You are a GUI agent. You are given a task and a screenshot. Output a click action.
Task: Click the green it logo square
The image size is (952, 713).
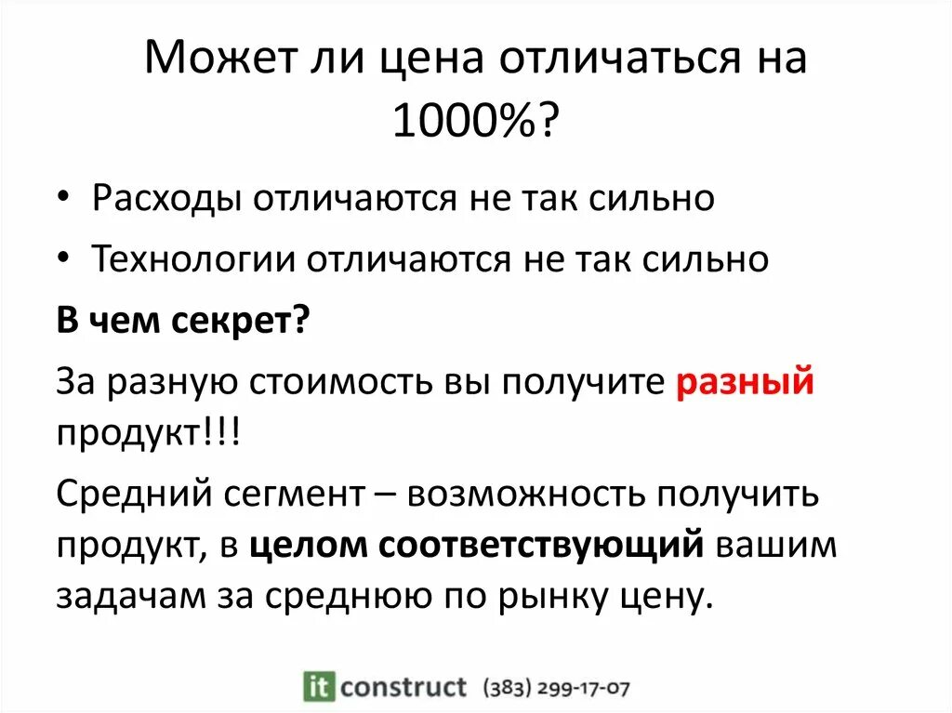click(x=319, y=686)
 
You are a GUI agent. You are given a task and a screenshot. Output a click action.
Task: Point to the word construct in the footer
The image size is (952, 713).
click(x=403, y=687)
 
